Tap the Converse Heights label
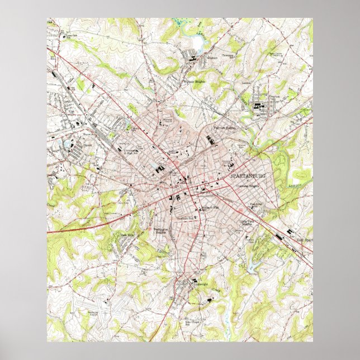(247, 186)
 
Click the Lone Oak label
(70, 36)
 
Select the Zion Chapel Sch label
(192, 323)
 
